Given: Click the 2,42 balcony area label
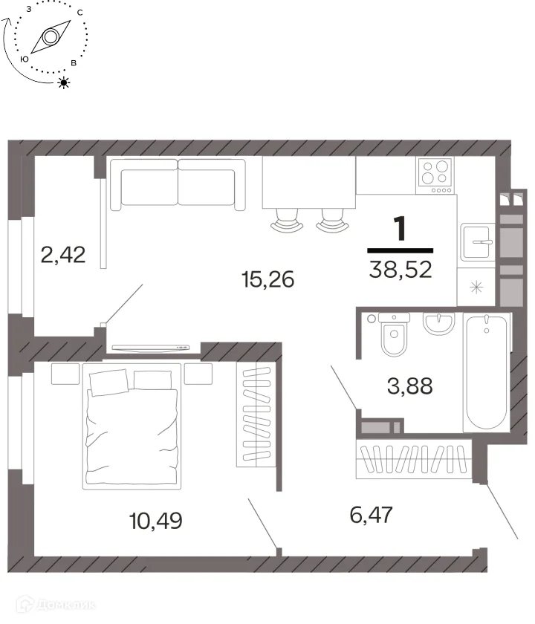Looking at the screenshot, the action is (x=63, y=255).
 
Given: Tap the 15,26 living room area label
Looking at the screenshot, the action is (x=268, y=279).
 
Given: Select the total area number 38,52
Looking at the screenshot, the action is (x=401, y=270).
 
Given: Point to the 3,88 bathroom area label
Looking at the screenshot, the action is (x=409, y=386).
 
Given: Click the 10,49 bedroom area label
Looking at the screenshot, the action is (x=156, y=520).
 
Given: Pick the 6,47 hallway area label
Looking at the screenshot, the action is (x=372, y=515).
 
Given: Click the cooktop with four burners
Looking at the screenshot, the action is (x=436, y=175).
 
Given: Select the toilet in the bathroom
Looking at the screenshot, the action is (x=394, y=334).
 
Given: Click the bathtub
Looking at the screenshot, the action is (x=487, y=372).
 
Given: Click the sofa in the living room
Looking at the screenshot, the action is (x=178, y=184).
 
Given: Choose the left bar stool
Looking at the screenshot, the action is (x=287, y=220).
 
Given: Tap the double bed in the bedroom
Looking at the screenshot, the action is (x=132, y=426).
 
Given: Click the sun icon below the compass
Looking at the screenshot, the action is (x=64, y=82).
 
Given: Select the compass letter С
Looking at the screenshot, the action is (x=80, y=13).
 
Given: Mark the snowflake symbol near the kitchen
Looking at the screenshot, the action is (x=476, y=287).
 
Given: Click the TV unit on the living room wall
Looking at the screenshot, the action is (x=150, y=348).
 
